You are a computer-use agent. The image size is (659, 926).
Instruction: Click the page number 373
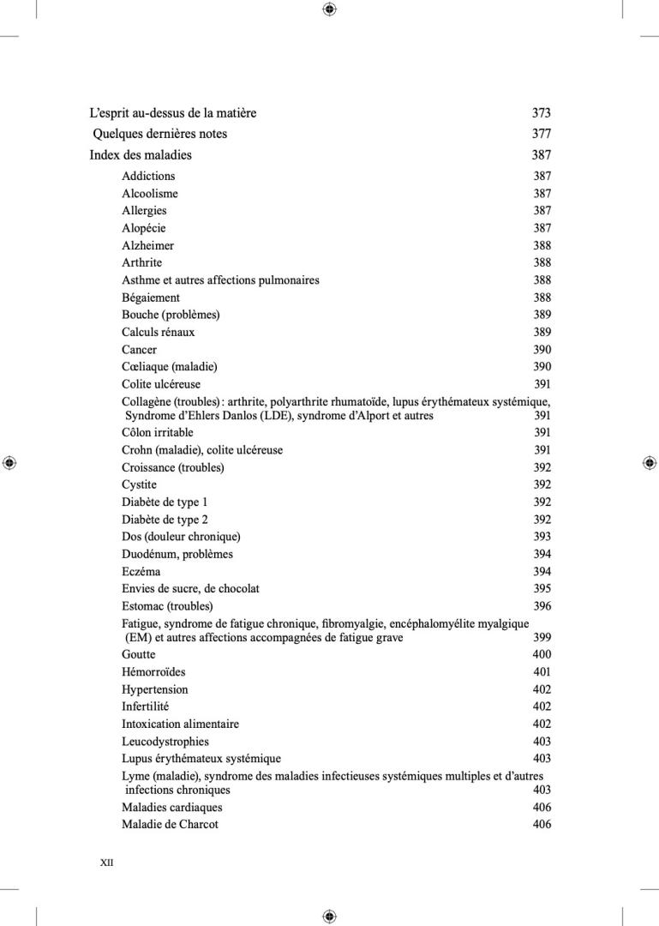pyautogui.click(x=541, y=113)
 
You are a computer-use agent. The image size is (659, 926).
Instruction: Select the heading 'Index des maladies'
pyautogui.click(x=141, y=155)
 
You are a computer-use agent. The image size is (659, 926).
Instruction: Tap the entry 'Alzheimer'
pyautogui.click(x=147, y=245)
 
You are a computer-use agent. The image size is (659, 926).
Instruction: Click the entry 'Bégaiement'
pyautogui.click(x=151, y=298)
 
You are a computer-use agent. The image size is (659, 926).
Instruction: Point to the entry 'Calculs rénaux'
pyautogui.click(x=158, y=332)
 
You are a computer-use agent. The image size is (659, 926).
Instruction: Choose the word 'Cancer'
pyautogui.click(x=139, y=350)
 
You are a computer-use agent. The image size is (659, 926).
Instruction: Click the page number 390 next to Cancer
pyautogui.click(x=542, y=350)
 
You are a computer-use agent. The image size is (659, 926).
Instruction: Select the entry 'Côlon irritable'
pyautogui.click(x=157, y=433)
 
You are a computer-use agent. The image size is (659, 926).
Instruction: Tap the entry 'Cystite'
pyautogui.click(x=139, y=484)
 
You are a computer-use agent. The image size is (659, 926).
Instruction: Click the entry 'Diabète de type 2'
pyautogui.click(x=165, y=520)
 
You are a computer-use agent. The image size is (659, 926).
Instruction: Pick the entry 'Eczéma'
pyautogui.click(x=141, y=571)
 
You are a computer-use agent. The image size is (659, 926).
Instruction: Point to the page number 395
pyautogui.click(x=542, y=589)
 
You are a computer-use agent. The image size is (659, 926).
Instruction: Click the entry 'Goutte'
pyautogui.click(x=138, y=654)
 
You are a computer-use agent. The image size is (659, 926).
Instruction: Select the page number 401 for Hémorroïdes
pyautogui.click(x=542, y=672)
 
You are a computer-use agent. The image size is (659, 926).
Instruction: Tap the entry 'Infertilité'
pyautogui.click(x=145, y=707)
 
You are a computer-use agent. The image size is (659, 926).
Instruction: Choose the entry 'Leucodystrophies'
pyautogui.click(x=165, y=742)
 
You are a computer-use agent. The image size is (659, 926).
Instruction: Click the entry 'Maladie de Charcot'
pyautogui.click(x=170, y=825)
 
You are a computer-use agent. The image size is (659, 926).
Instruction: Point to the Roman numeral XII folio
pyautogui.click(x=107, y=863)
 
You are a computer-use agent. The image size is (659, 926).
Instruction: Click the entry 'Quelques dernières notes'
pyautogui.click(x=159, y=134)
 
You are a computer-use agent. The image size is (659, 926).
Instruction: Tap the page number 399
pyautogui.click(x=542, y=637)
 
